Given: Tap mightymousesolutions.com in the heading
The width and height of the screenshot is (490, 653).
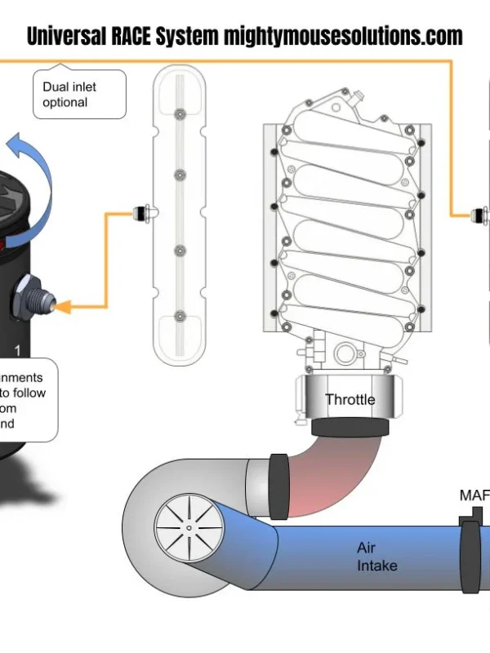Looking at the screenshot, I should click(343, 37).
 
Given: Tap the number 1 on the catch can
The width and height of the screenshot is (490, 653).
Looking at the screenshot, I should click(17, 350).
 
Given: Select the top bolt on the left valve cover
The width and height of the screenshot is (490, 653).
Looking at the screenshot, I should click(180, 112).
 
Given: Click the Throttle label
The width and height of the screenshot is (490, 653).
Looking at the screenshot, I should click(350, 399).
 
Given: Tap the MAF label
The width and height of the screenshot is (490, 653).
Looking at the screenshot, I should click(474, 495).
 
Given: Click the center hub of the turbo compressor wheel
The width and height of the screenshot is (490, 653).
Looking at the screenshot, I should click(189, 529).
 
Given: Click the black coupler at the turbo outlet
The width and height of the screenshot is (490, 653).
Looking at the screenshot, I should click(278, 486).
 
